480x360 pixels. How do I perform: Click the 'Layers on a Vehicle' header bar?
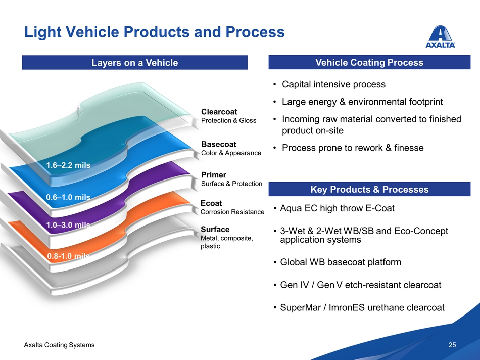click(134, 63)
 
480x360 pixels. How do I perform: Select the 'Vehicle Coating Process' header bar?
click(369, 63)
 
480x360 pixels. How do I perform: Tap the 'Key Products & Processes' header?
click(369, 190)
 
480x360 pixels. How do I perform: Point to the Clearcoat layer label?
click(219, 111)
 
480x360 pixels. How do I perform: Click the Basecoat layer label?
click(218, 144)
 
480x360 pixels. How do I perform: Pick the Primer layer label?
click(213, 175)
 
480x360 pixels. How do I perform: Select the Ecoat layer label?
click(211, 203)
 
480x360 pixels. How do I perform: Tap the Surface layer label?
click(215, 230)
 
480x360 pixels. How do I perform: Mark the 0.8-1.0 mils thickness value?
click(68, 256)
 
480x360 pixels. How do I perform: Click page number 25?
click(452, 345)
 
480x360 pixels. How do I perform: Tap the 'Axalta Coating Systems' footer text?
click(59, 345)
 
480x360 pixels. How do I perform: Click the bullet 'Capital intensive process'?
click(333, 84)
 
